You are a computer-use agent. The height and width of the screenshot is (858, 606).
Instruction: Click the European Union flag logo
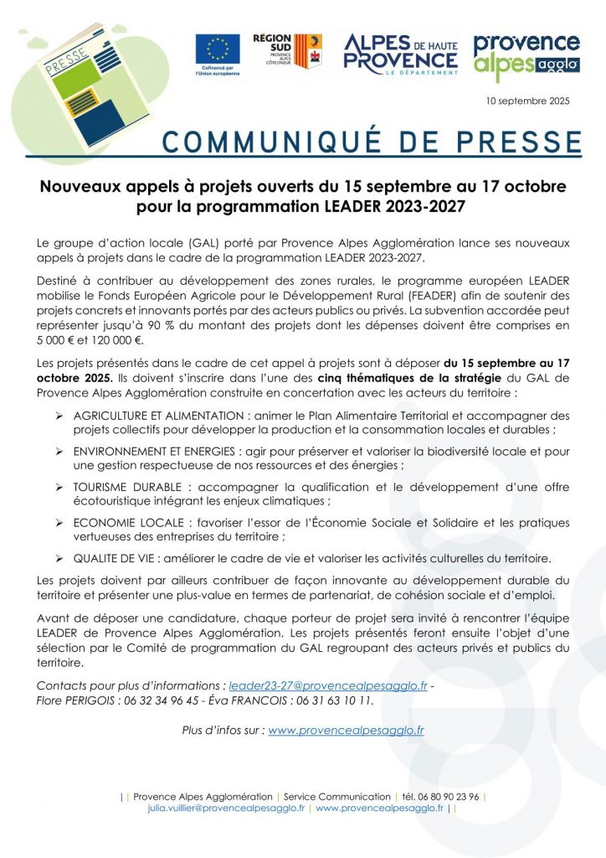tap(218, 49)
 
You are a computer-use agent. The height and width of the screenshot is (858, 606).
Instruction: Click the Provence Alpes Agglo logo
tap(526, 55)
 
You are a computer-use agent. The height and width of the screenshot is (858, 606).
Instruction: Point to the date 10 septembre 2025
tap(527, 101)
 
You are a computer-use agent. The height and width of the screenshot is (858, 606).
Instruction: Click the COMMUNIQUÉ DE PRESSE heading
tap(372, 141)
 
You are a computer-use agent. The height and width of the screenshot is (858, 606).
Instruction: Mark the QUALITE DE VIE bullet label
tap(112, 558)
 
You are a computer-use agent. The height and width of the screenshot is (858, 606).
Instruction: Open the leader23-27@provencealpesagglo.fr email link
tap(328, 685)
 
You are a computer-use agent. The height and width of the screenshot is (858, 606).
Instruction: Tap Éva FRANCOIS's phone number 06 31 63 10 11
tap(331, 700)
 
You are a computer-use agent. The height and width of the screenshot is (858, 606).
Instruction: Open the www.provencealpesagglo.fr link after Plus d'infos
tap(346, 730)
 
